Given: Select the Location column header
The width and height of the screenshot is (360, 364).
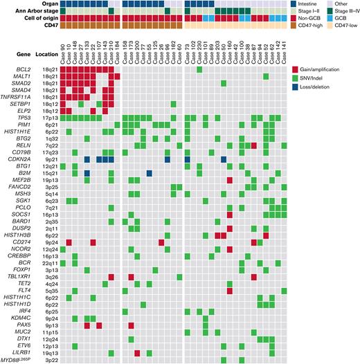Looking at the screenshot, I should [46, 53].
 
